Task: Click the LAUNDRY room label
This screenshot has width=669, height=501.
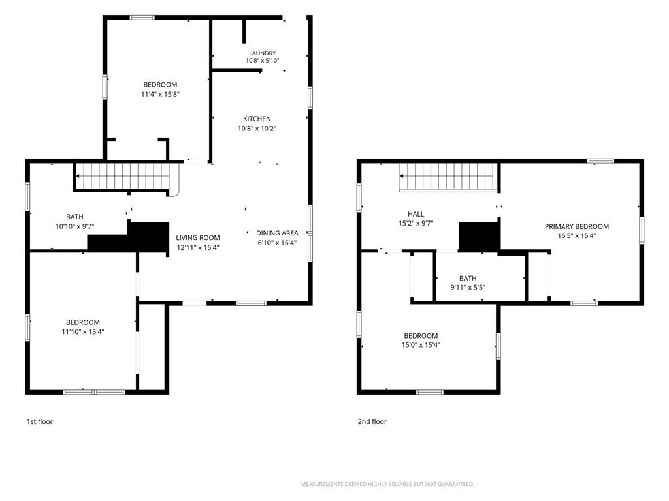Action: point(263,53)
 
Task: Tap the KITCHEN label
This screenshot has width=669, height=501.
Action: point(257,119)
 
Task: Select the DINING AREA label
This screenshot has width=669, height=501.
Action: point(277,233)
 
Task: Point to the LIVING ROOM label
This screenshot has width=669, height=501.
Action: point(198,237)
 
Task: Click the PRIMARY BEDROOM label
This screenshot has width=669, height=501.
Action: point(576,226)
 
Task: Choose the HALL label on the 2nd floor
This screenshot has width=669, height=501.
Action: point(416,214)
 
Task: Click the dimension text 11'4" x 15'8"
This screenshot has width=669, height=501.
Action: point(160,94)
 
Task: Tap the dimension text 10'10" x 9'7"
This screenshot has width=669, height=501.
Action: point(74,226)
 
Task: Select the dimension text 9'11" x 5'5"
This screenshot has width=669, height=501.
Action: point(468,288)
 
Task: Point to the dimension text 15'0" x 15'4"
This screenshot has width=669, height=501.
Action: point(421,345)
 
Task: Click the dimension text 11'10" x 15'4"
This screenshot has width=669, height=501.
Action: point(83,331)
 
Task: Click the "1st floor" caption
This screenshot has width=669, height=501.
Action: point(40,422)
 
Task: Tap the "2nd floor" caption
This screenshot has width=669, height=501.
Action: point(372,422)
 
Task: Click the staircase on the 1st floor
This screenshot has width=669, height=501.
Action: point(123,176)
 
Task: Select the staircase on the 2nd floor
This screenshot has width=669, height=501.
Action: point(449,177)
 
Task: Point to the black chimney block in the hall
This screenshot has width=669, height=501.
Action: point(479,236)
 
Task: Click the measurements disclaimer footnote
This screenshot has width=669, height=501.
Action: point(387,484)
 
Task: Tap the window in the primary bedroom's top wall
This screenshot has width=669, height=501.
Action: point(600,161)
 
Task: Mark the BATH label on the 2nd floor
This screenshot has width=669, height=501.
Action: point(468,278)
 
